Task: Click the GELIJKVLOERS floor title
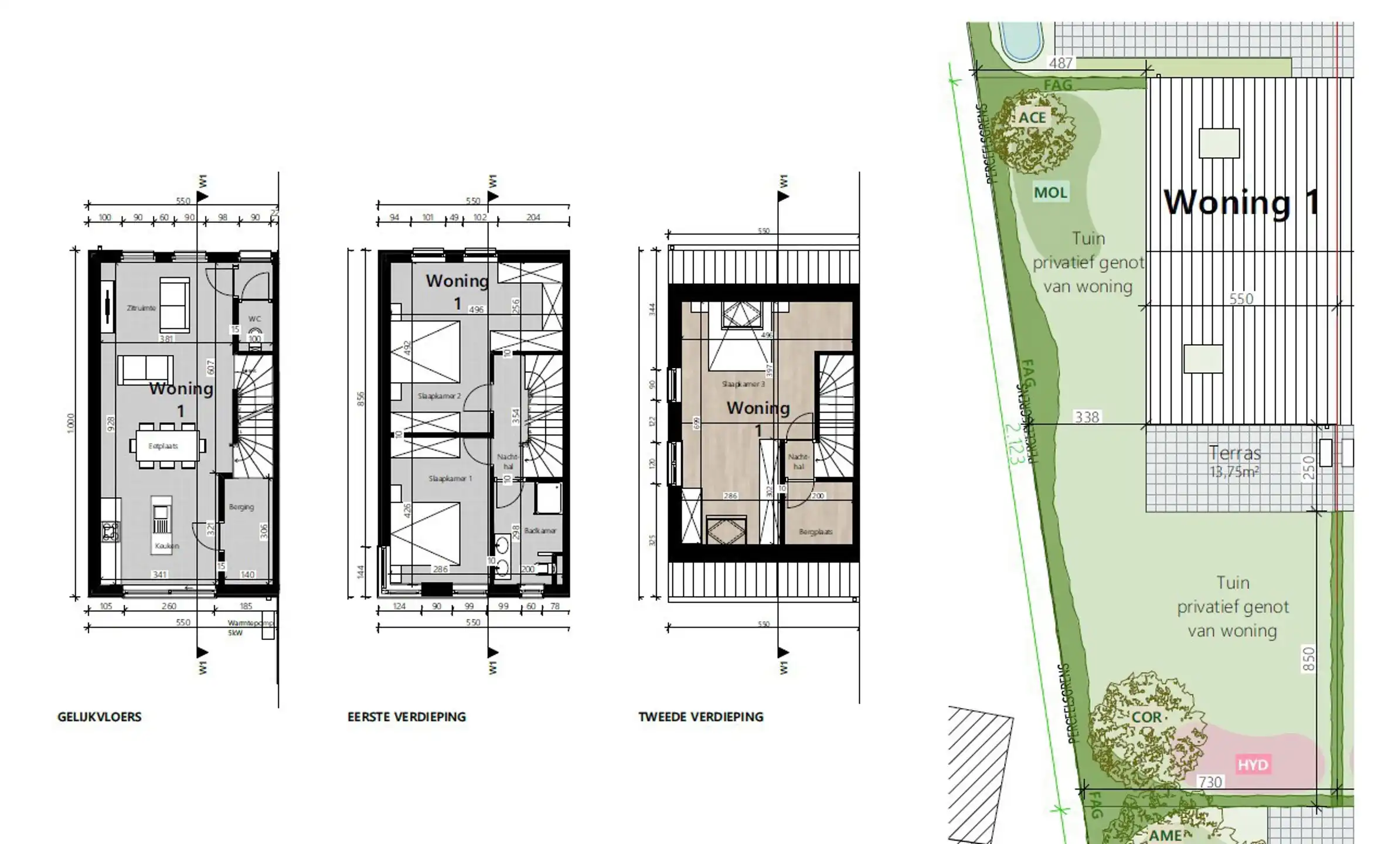[99, 717]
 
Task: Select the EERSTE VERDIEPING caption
[406, 717]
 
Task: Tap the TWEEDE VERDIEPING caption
[700, 717]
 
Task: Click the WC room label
[254, 319]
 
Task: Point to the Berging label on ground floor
[241, 507]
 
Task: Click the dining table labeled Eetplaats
[163, 446]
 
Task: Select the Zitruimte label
[141, 308]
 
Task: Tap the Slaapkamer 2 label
[438, 396]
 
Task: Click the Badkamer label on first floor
[540, 530]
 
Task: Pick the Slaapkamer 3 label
[743, 384]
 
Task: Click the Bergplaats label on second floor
[815, 532]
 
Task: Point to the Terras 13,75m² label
[1234, 461]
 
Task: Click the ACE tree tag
[1032, 118]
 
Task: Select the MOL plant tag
[1050, 192]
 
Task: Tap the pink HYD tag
[1253, 765]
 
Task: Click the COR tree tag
[1146, 717]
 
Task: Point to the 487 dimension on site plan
[1060, 63]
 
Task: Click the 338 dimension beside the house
[1086, 417]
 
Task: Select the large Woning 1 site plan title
[1241, 202]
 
